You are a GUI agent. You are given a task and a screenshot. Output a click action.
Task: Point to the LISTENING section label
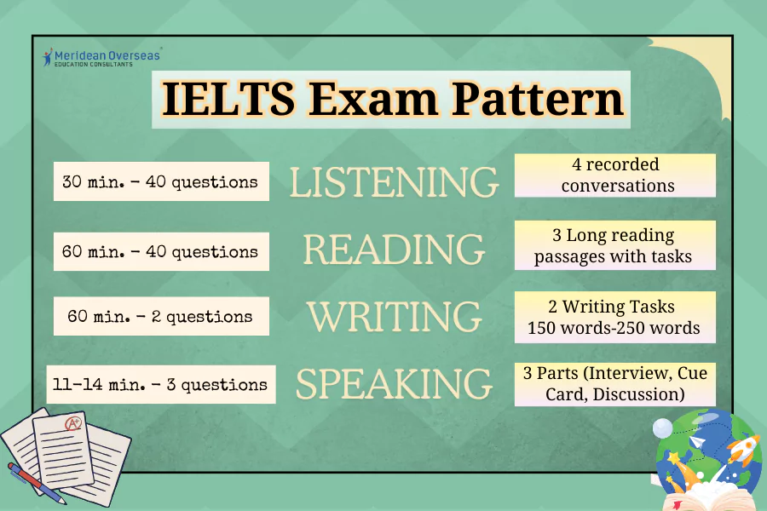[x=394, y=182]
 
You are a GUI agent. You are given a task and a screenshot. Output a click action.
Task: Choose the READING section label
[x=394, y=249]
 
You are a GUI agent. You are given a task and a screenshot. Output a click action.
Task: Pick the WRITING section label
[x=394, y=316]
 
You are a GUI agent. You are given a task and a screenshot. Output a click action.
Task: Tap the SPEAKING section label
[x=394, y=384]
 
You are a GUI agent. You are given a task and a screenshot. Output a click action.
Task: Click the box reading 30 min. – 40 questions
[x=161, y=181]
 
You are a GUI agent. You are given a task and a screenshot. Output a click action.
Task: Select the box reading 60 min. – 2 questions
[x=161, y=317]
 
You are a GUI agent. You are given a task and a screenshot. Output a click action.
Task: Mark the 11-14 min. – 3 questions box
[x=161, y=385]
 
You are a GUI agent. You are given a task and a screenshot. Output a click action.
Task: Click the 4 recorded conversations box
[x=614, y=175]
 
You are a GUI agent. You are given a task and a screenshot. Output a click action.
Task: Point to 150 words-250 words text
[x=614, y=328]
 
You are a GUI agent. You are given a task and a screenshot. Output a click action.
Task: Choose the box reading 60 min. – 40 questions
[x=161, y=251]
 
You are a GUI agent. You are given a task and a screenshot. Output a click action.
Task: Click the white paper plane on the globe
[x=696, y=443]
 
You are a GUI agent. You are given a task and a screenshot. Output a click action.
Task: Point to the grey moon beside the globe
[x=662, y=428]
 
